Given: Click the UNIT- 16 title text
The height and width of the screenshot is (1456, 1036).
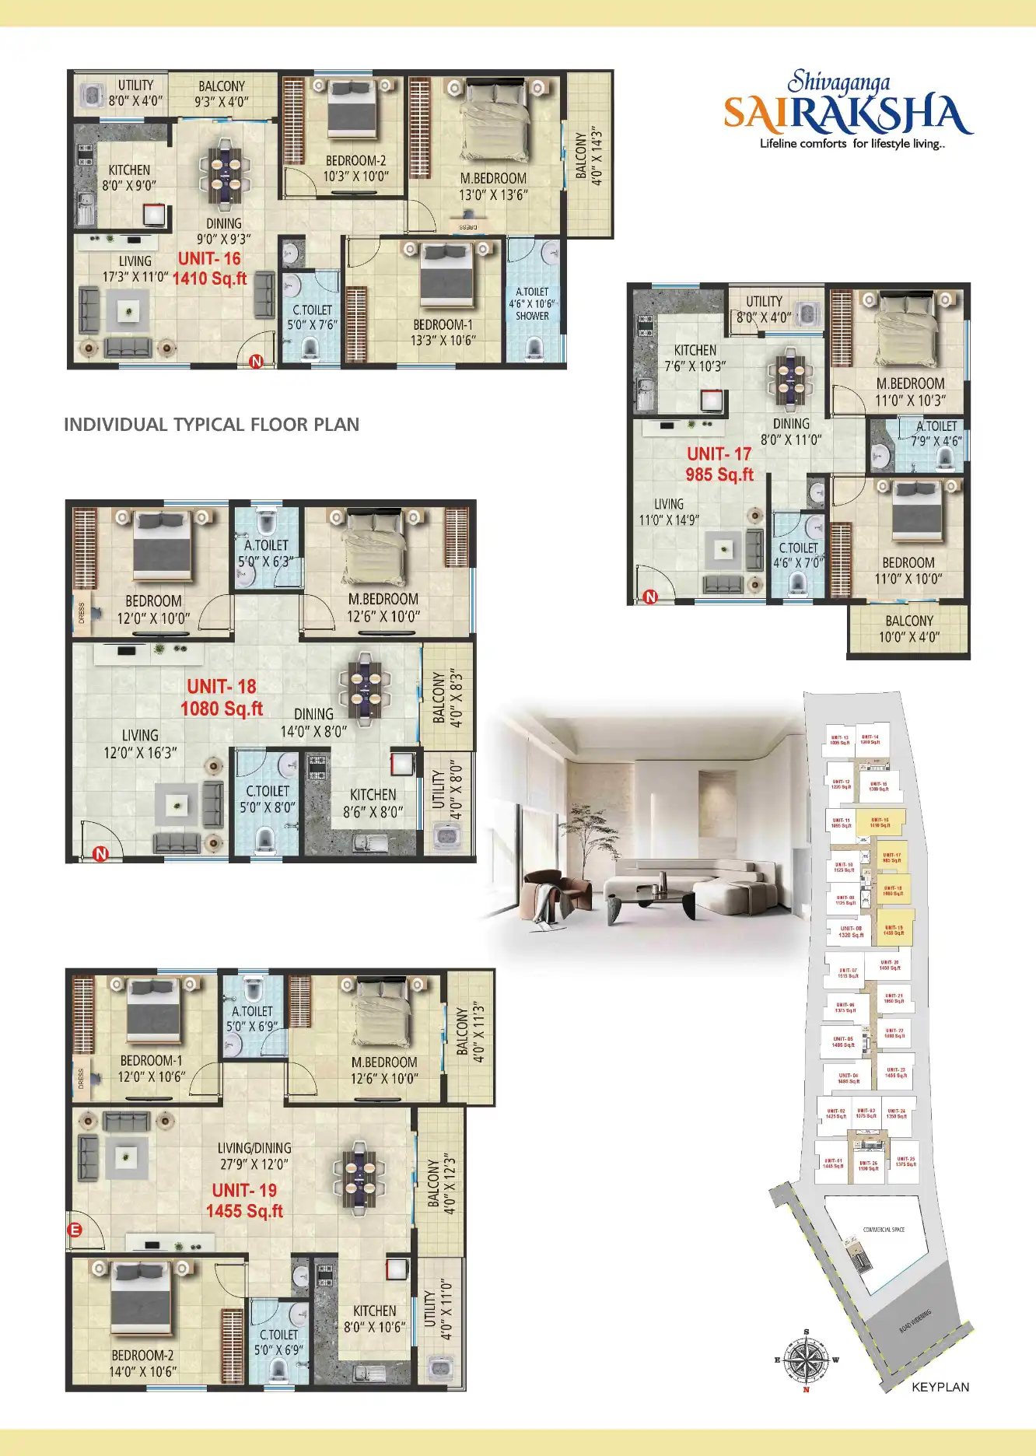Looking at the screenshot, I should [209, 259].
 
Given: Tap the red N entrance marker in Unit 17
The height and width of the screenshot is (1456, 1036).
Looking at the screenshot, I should [650, 597].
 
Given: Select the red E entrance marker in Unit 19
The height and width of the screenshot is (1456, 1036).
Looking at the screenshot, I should [75, 1230].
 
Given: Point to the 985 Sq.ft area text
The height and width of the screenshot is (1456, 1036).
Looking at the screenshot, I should [719, 474].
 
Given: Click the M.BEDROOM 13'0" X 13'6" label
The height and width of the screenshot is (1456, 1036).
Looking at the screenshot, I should [493, 187].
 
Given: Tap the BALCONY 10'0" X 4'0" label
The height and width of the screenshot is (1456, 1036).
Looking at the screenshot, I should [908, 628].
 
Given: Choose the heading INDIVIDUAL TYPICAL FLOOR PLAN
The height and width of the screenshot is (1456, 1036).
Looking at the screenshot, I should [212, 425].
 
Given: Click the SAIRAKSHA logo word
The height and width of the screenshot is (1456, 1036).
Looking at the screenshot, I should [847, 115].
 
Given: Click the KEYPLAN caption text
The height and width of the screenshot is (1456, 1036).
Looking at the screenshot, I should [940, 1387].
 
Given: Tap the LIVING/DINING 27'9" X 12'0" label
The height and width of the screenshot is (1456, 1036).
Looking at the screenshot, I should [254, 1156].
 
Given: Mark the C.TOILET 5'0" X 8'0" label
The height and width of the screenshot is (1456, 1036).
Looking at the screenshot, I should [268, 799].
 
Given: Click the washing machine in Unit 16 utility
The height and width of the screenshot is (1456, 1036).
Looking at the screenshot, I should [93, 95].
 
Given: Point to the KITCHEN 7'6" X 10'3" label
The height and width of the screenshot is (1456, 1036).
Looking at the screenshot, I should [695, 358].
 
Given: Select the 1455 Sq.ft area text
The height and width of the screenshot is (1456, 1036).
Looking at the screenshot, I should [244, 1211].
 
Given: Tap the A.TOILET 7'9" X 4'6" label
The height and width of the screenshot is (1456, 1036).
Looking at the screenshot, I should [936, 433].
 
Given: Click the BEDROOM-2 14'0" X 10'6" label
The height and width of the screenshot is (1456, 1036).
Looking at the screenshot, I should [143, 1363].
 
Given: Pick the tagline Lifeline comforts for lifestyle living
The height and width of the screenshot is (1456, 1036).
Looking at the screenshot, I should [852, 144].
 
